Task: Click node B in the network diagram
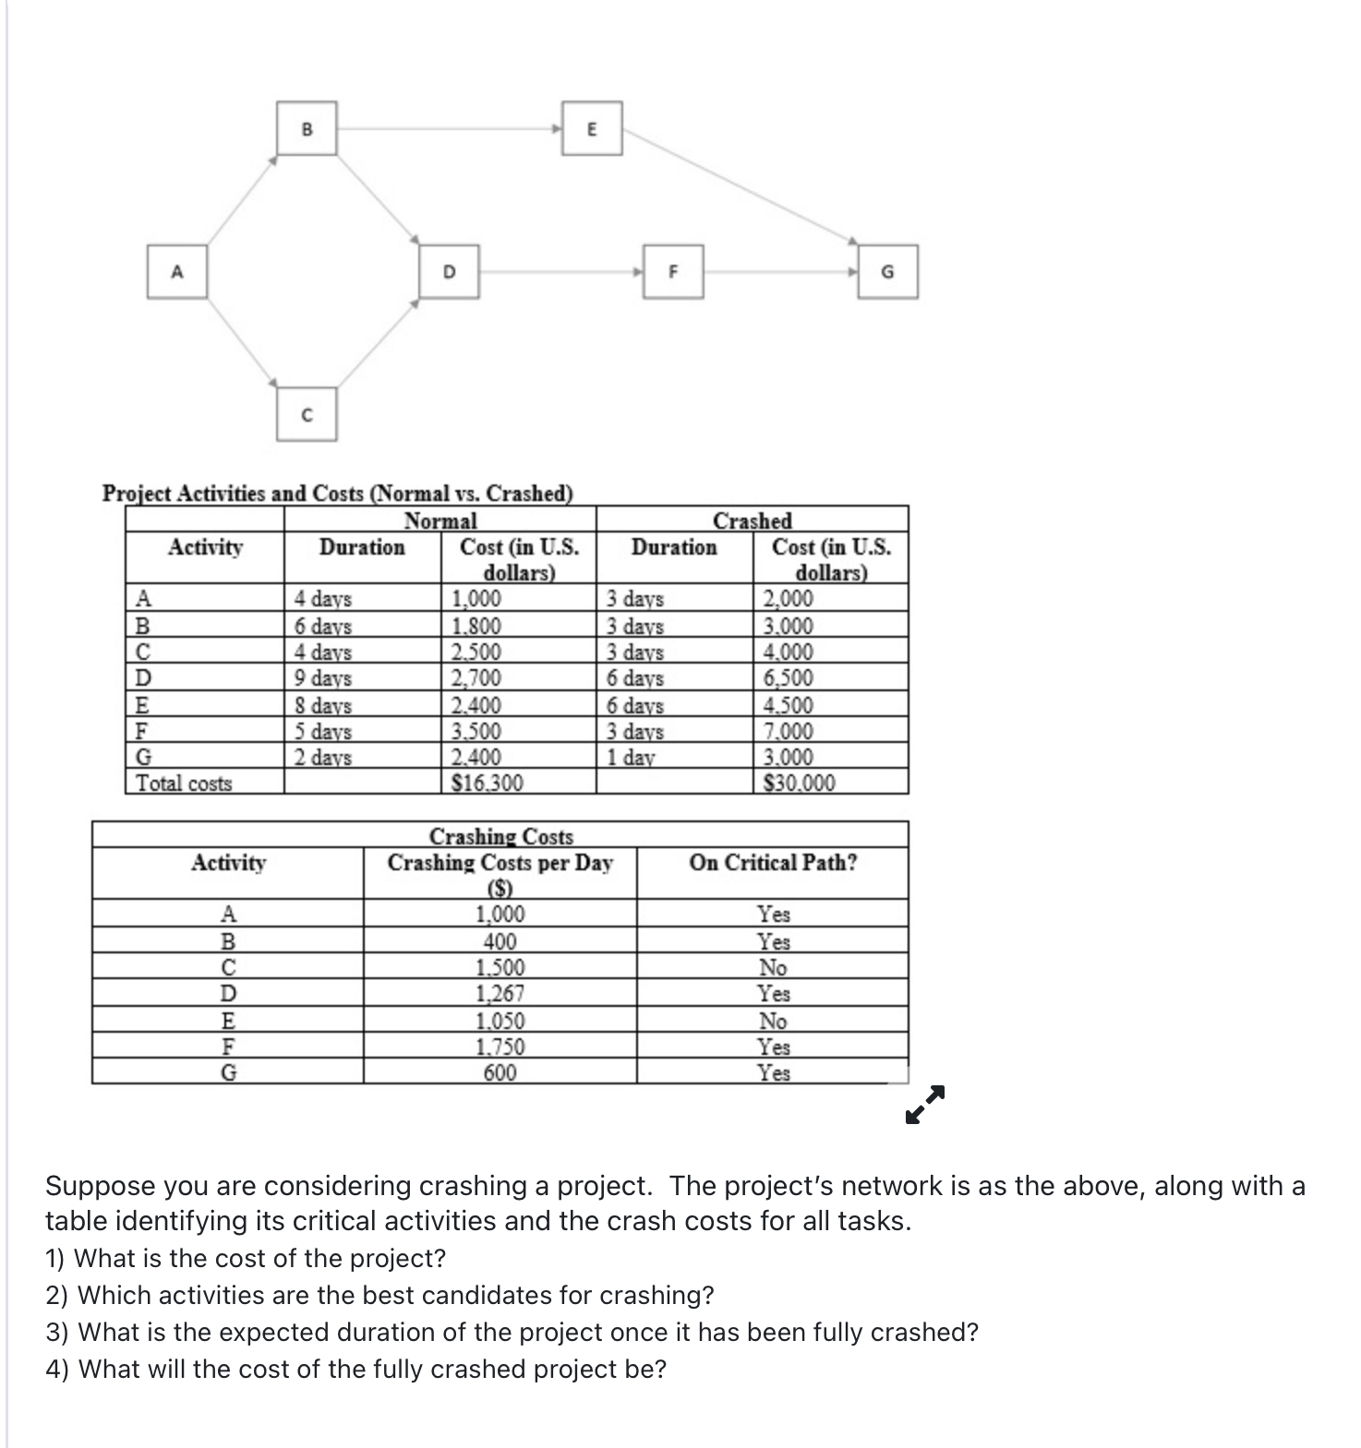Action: click(x=307, y=128)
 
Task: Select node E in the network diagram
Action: click(x=592, y=128)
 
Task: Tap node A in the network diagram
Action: click(x=176, y=271)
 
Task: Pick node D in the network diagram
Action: click(x=449, y=271)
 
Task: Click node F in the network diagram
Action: click(x=673, y=271)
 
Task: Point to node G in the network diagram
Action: click(x=887, y=271)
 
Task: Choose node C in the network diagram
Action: click(x=307, y=414)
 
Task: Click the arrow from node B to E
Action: click(x=449, y=128)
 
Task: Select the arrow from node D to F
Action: click(x=560, y=271)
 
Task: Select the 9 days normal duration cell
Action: click(x=323, y=678)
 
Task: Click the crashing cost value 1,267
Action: click(x=500, y=994)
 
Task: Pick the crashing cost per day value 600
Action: click(x=500, y=1072)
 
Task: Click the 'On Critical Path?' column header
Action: click(x=773, y=863)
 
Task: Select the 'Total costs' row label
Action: click(x=185, y=784)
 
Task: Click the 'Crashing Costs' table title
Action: click(x=500, y=836)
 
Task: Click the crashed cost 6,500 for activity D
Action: click(x=788, y=678)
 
